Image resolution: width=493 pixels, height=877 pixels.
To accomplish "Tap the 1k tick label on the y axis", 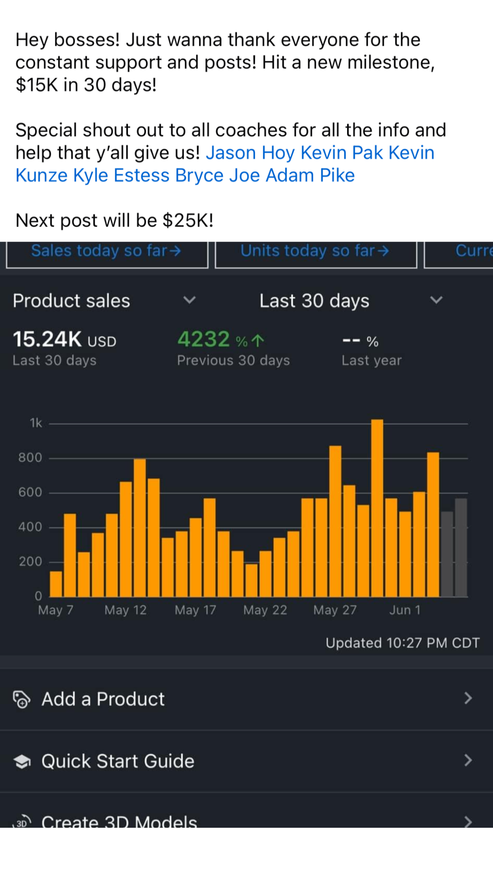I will (x=36, y=423).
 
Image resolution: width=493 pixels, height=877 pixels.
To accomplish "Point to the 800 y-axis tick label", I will (x=30, y=458).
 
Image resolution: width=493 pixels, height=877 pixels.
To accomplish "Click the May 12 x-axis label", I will (x=125, y=610).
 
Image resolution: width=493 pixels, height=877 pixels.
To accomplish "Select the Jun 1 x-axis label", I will (x=405, y=610).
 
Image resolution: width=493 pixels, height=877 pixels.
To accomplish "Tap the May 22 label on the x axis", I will (x=265, y=610).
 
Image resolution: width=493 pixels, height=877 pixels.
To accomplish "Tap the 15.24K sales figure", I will (x=47, y=339).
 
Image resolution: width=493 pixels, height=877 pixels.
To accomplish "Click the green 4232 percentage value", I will (x=204, y=339).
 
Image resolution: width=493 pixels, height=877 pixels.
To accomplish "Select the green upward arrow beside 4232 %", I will (x=258, y=340).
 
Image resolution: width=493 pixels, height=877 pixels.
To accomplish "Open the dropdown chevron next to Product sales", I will (x=189, y=300).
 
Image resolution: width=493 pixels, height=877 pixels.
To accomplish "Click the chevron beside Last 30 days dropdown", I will (x=436, y=300).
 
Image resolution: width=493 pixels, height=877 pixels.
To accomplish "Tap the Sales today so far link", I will (x=106, y=251).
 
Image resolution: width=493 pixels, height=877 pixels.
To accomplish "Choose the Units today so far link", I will (x=315, y=251).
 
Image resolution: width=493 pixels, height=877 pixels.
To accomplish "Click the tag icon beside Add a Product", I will (x=21, y=699).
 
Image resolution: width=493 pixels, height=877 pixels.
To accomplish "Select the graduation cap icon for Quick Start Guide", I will (x=22, y=761).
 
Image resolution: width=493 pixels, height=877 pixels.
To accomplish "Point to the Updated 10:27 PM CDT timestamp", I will (x=402, y=643).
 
